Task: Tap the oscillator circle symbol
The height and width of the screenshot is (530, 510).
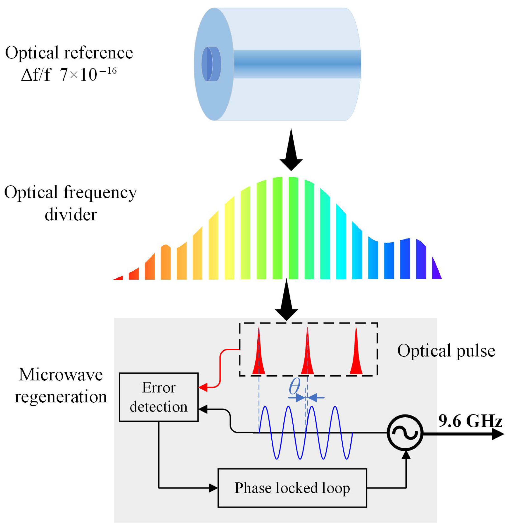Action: coord(405,433)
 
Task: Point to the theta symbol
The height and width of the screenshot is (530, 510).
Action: coord(294,386)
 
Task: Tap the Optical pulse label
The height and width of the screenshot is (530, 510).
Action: coord(446,351)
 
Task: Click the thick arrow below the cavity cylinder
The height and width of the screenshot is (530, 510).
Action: coord(291,151)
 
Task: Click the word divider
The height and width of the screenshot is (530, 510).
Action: coord(71,215)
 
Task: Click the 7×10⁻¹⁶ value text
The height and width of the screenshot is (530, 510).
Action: coord(88,74)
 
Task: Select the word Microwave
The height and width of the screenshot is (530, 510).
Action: coord(61,375)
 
